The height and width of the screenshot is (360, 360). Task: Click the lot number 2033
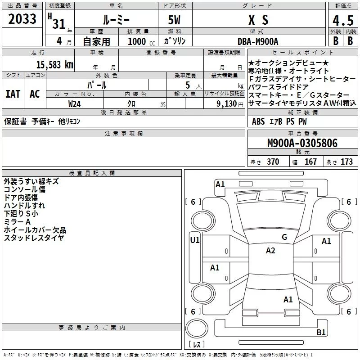pos(22,19)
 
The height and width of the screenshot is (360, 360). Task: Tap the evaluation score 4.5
pos(343,21)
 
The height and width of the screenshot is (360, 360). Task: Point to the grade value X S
pos(258,20)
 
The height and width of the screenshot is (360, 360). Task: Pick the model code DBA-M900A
pos(258,41)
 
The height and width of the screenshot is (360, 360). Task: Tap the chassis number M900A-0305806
pos(302,143)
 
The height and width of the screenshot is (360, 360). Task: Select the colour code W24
pos(75,103)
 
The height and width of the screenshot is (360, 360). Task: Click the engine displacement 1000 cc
pos(137,41)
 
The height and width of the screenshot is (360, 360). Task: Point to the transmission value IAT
pos(13,94)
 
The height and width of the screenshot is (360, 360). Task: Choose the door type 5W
pos(175,20)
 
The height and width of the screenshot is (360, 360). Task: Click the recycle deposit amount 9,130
pos(226,103)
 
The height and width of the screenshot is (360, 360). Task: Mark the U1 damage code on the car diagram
pos(194,240)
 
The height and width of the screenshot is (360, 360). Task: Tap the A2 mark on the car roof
pos(270,251)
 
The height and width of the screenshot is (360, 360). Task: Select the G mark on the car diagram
pos(284,237)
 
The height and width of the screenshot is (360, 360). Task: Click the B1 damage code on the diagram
pos(321,333)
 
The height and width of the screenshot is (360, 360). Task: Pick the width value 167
pos(310,162)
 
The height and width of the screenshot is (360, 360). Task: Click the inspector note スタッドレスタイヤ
pos(34,238)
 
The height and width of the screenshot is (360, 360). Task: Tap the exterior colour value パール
pos(97,85)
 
